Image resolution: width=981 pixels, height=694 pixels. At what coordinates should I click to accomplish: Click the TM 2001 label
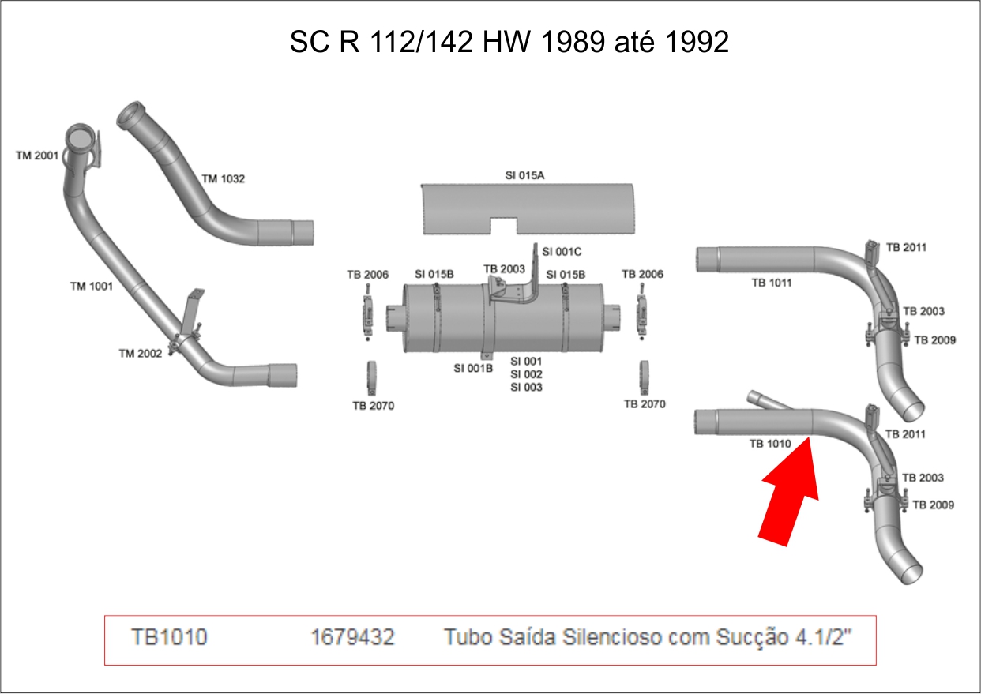click(37, 156)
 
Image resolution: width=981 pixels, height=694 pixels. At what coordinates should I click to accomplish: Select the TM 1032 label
click(224, 179)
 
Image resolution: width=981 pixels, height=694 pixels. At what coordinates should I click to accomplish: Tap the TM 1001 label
click(91, 287)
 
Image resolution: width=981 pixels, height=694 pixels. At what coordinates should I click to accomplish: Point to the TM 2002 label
click(140, 354)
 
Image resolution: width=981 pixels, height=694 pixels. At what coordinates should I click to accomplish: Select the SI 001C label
click(562, 252)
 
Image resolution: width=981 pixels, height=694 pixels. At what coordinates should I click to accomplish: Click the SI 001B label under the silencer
click(473, 368)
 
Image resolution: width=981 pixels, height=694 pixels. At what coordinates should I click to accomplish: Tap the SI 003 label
click(526, 388)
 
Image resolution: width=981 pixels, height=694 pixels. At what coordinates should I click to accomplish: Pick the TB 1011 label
click(771, 283)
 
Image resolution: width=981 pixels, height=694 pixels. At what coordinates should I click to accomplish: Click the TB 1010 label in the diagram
click(770, 445)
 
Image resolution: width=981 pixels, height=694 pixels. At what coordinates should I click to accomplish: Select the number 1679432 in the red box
click(353, 637)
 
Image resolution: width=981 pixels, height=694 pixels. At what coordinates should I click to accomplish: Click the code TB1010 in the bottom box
click(170, 637)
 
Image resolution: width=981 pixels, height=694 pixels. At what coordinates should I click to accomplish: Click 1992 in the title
click(697, 42)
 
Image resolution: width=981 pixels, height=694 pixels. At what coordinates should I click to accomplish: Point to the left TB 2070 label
click(373, 406)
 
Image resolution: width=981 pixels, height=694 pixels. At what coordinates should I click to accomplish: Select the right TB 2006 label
click(642, 275)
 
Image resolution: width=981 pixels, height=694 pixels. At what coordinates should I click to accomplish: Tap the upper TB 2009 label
click(935, 340)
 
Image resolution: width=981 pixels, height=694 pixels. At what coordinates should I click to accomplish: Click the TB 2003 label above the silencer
click(504, 269)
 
